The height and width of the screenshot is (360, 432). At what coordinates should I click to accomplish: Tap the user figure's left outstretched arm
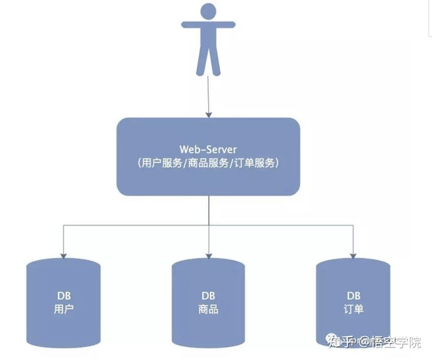[190, 25]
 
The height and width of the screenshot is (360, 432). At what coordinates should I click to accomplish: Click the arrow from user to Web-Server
[208, 96]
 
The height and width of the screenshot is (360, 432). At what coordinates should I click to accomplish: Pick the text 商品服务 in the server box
[208, 163]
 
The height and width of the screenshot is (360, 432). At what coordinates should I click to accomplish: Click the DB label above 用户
[64, 297]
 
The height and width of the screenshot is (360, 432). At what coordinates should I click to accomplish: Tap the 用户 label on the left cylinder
[64, 310]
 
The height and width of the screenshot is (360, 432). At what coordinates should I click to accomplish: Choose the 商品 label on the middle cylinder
[208, 310]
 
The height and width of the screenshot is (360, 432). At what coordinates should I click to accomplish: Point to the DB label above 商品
[208, 297]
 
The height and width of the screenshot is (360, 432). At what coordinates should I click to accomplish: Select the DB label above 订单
[353, 296]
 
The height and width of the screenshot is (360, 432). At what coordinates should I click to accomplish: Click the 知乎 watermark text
[340, 343]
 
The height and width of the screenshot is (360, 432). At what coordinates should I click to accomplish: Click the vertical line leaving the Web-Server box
[208, 210]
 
